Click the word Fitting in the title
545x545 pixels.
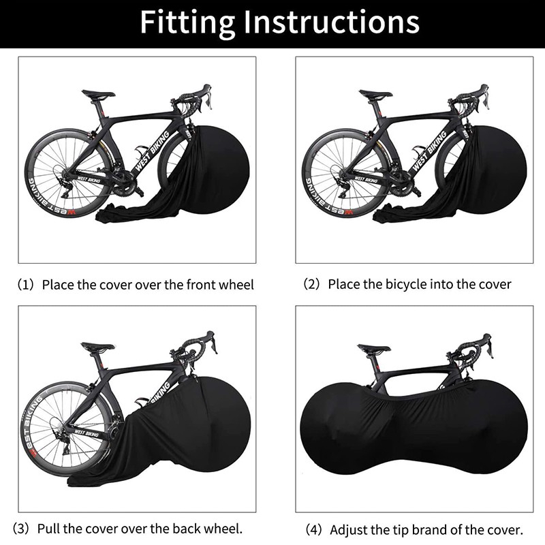tap(185, 22)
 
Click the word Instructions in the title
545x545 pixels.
tap(329, 22)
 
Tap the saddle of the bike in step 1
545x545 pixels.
tap(99, 95)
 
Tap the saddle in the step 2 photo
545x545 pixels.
tap(376, 95)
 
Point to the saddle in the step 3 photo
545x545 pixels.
tap(98, 347)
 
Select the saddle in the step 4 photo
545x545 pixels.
tap(374, 349)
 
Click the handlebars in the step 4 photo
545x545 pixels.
tap(477, 345)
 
